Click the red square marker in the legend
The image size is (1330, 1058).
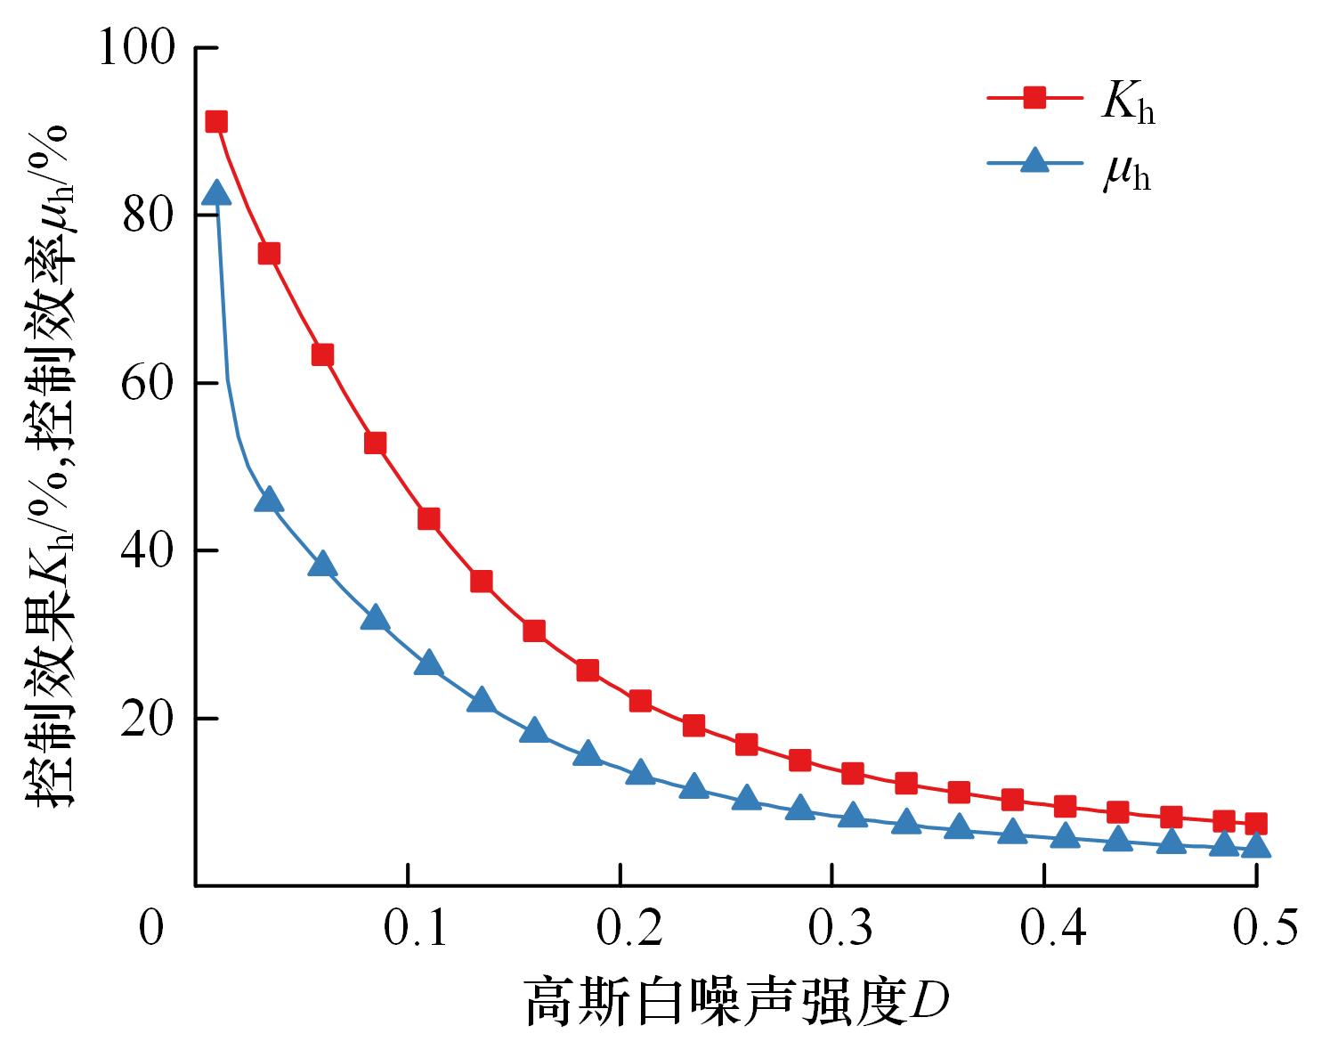pos(1034,97)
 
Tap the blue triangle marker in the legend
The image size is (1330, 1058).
pos(1034,160)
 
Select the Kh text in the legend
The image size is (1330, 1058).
pos(1127,105)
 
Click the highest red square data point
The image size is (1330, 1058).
pos(216,122)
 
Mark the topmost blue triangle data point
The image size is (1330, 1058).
pos(216,193)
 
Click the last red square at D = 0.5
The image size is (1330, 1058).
pos(1255,823)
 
